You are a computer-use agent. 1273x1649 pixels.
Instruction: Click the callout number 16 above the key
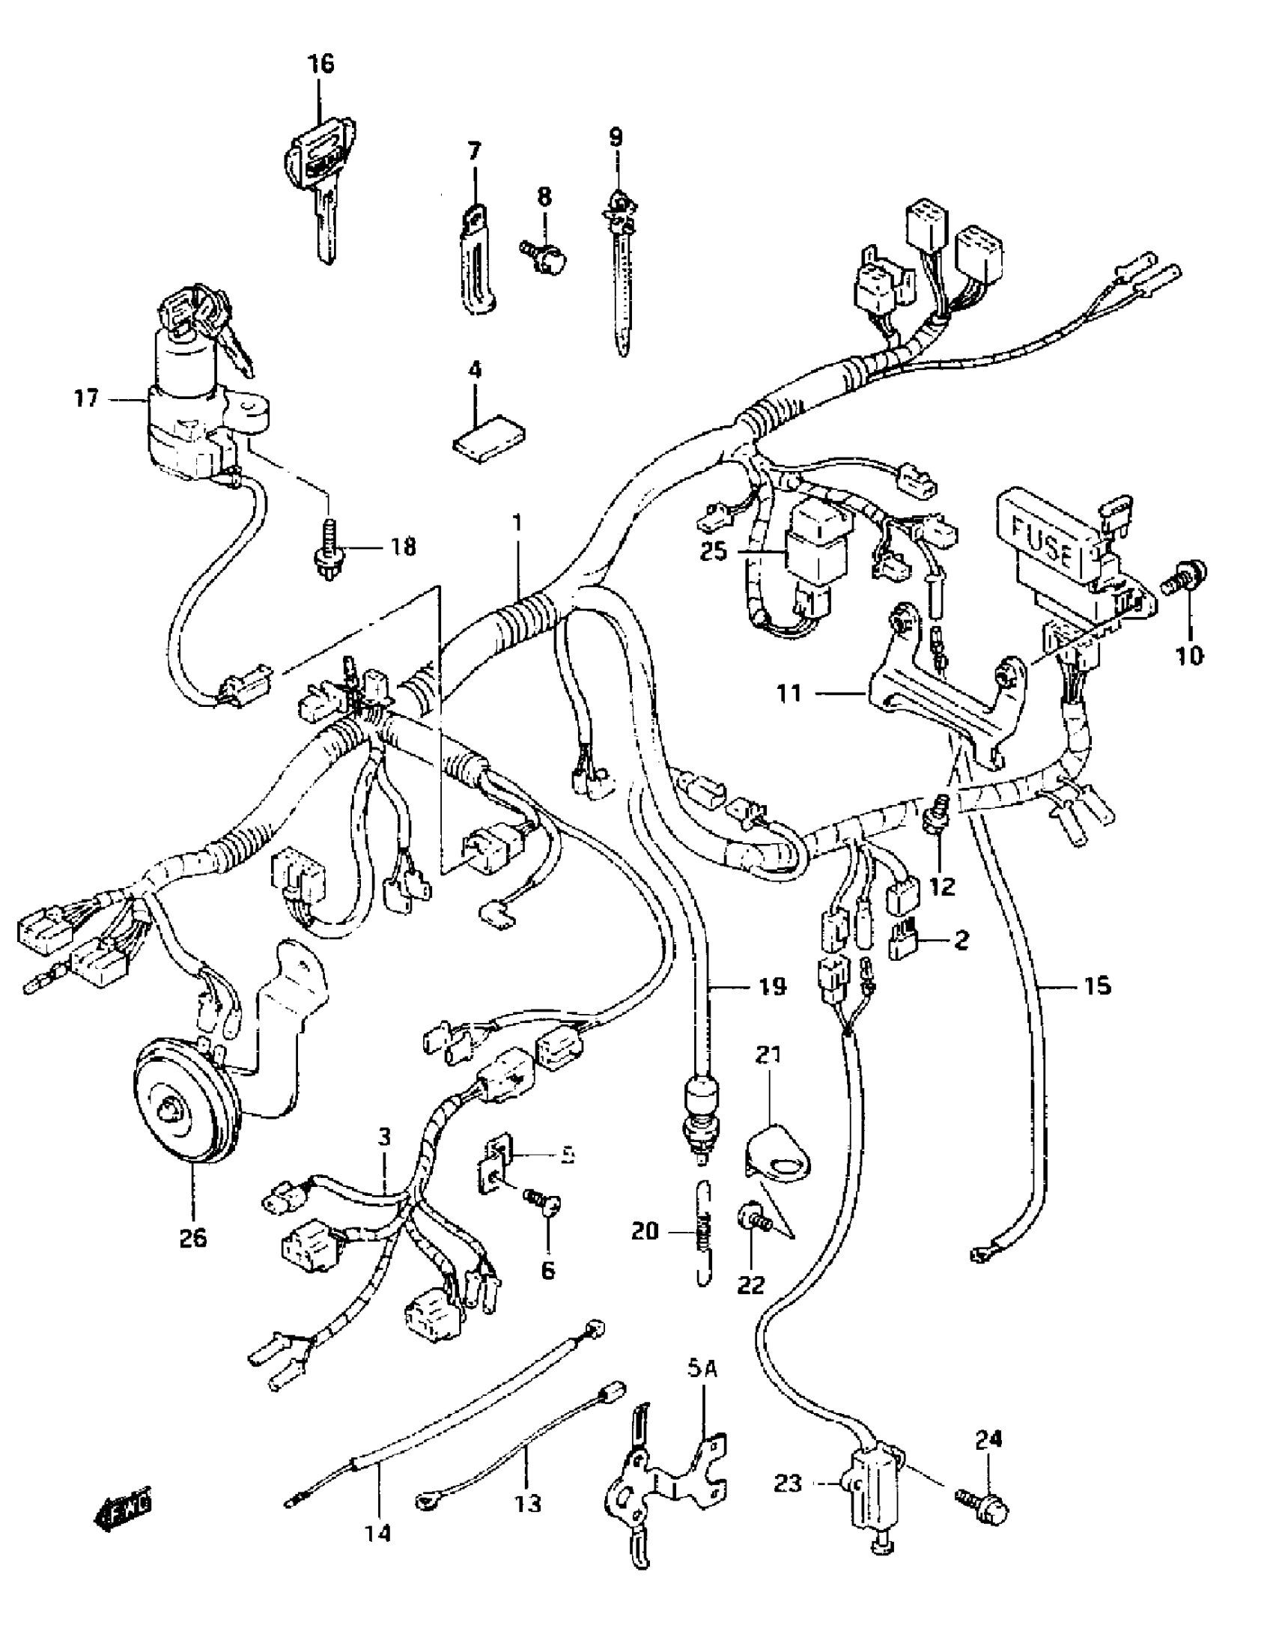pyautogui.click(x=320, y=64)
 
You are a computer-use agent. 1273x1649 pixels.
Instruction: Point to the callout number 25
pyautogui.click(x=713, y=552)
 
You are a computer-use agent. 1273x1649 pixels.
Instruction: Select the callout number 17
pyautogui.click(x=87, y=398)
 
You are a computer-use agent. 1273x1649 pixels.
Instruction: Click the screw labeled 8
pyautogui.click(x=545, y=257)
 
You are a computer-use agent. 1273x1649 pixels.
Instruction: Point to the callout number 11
pyautogui.click(x=790, y=693)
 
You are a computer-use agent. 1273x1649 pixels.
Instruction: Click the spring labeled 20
pyautogui.click(x=703, y=1233)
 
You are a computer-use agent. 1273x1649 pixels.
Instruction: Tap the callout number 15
pyautogui.click(x=1097, y=986)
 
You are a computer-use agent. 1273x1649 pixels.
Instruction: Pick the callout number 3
pyautogui.click(x=384, y=1137)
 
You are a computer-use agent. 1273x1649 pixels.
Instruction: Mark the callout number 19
pyautogui.click(x=768, y=987)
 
